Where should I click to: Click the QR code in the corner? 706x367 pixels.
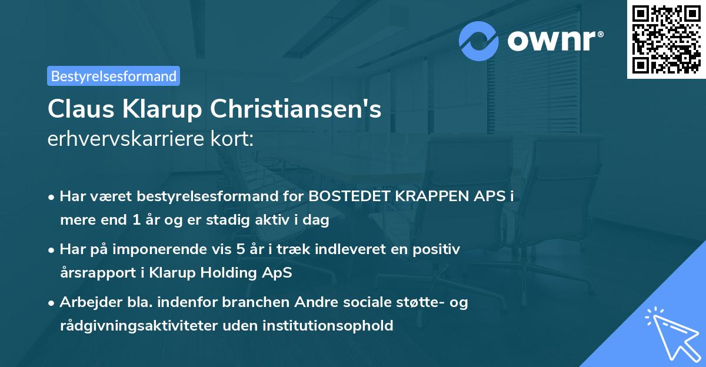tap(667, 39)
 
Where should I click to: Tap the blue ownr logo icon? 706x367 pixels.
tap(479, 41)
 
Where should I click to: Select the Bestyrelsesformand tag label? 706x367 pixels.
tap(114, 76)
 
